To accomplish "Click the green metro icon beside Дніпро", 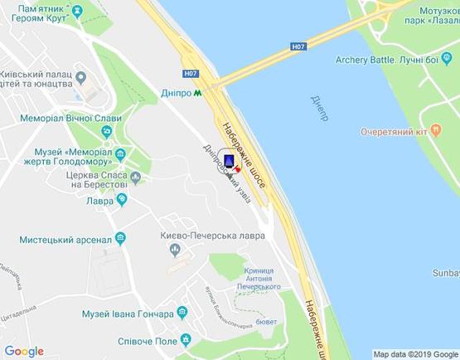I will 197,93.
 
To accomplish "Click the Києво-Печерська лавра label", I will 213,236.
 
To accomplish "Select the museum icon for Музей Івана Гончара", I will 185,315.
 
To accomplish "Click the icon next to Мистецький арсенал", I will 121,239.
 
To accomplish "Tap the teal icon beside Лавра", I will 122,199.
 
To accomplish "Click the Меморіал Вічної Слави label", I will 62,119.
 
